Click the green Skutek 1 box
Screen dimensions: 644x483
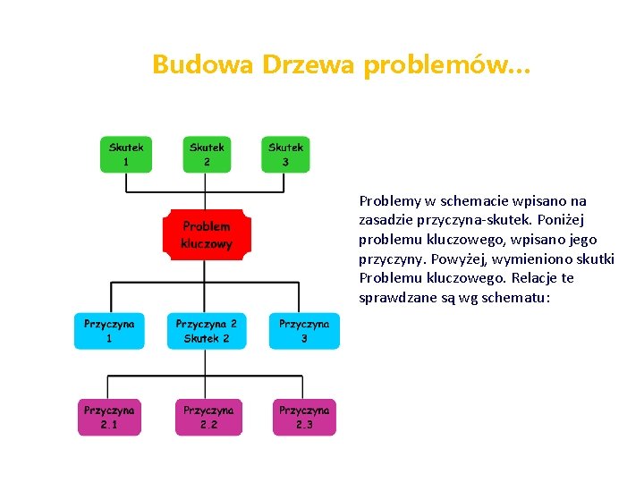click(126, 154)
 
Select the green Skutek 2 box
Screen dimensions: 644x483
click(207, 154)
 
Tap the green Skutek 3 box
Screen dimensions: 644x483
click(285, 154)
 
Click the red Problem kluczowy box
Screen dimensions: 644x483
click(207, 235)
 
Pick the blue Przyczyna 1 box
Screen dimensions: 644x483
click(109, 331)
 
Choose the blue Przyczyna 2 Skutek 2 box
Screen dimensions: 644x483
click(207, 331)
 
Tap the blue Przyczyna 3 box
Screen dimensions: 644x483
click(304, 331)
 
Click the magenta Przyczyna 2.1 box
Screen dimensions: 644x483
click(109, 417)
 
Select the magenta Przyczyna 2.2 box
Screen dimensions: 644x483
click(208, 417)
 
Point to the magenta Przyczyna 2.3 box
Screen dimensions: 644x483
click(304, 417)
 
